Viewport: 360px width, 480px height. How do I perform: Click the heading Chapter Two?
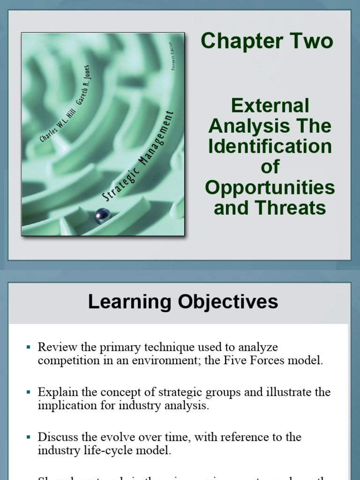pos(267,41)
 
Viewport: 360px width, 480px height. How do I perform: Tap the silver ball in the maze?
pos(102,216)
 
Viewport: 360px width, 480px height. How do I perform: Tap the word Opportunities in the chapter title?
pos(270,187)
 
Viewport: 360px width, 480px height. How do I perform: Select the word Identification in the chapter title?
pos(270,147)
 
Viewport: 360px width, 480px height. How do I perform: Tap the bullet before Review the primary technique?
pos(29,347)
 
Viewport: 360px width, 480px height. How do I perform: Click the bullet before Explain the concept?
pos(29,392)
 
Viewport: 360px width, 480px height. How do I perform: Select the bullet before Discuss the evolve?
pos(29,437)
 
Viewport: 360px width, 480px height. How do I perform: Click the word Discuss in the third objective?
pos(55,437)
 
